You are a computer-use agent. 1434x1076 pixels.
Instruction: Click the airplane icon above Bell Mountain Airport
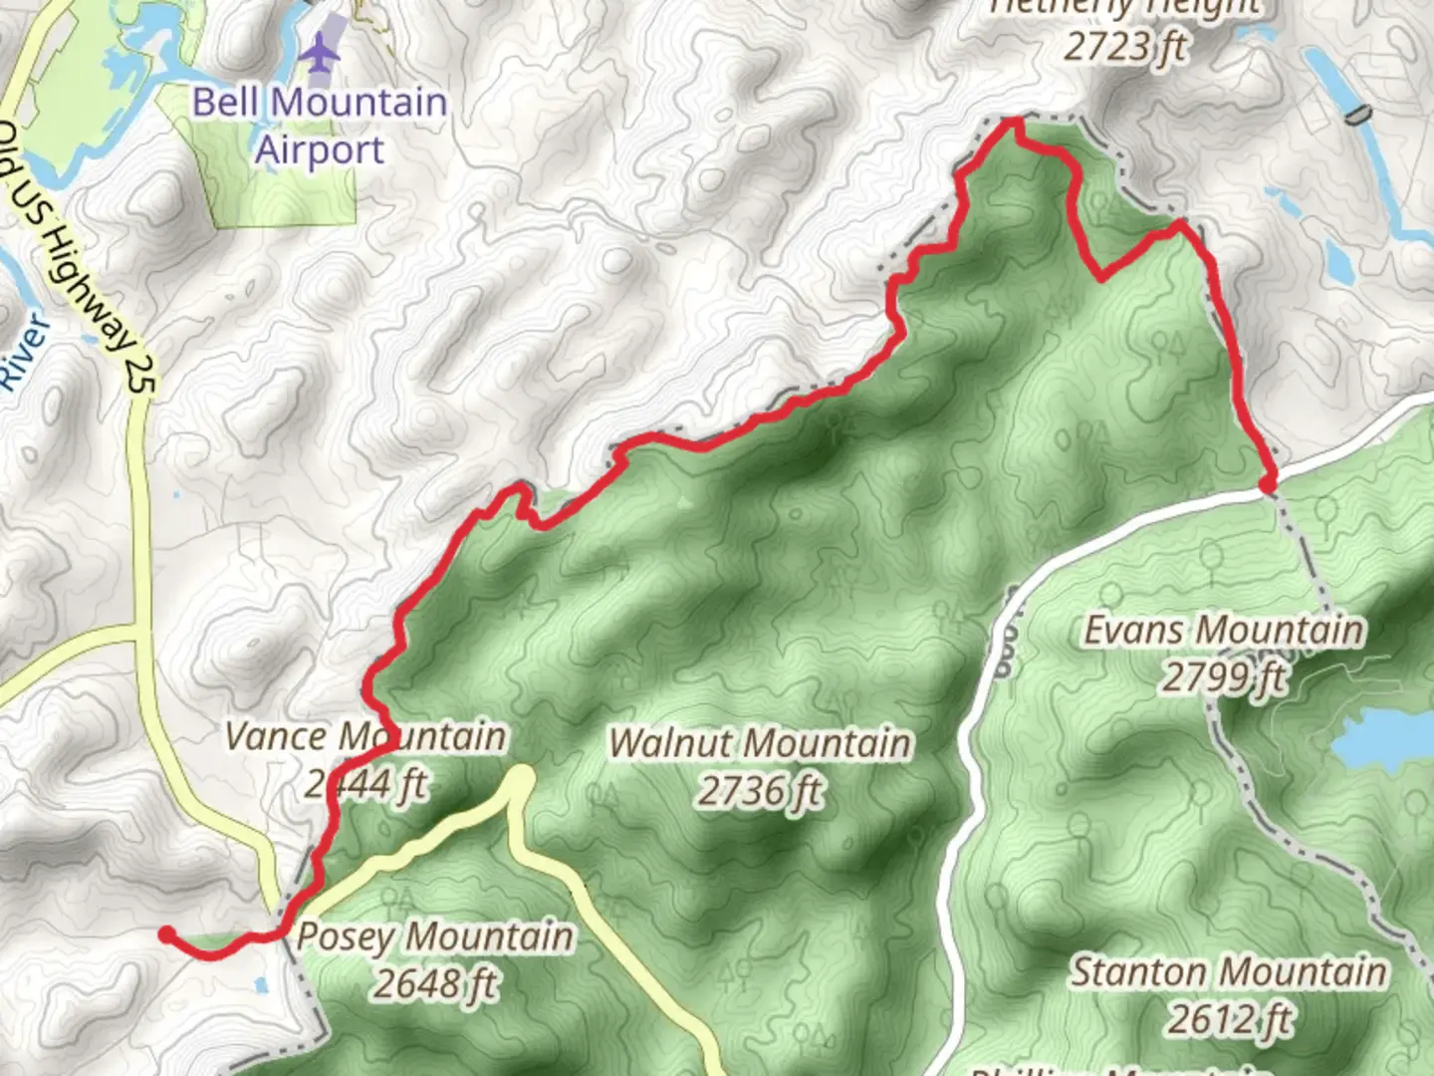[x=319, y=53]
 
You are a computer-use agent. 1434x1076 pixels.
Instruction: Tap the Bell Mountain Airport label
[x=319, y=126]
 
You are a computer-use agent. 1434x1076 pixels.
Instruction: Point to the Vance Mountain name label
[x=365, y=737]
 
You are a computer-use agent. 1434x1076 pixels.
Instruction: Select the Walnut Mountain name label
[x=760, y=743]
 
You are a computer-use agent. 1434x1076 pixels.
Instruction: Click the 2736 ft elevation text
[x=760, y=791]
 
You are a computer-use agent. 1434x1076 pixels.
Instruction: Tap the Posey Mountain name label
[x=435, y=937]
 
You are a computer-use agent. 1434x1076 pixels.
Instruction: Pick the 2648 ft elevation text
[x=435, y=984]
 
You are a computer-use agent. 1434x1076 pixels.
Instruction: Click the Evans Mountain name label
[x=1224, y=631]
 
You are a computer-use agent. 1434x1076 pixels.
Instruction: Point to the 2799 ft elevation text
[x=1224, y=678]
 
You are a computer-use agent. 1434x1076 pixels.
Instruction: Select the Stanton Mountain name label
[x=1229, y=971]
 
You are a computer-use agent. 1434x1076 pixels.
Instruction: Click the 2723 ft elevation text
[x=1125, y=46]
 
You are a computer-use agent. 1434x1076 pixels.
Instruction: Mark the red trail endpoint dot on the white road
[x=1267, y=484]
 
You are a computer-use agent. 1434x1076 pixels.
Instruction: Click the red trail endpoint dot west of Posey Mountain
[x=167, y=934]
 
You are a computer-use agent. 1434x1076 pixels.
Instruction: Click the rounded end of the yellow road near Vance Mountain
[x=520, y=778]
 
